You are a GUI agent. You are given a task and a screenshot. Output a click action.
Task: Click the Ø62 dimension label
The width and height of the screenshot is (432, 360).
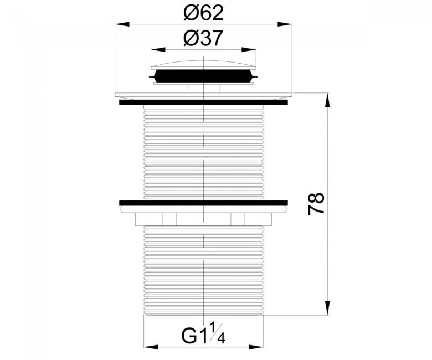pos(203,13)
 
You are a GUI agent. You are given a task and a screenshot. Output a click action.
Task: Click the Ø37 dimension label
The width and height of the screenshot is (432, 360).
pos(203,38)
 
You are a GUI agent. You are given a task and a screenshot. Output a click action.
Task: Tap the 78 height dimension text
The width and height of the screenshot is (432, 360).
pos(316,204)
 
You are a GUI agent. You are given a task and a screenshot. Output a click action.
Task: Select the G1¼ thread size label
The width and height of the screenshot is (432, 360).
pos(203,334)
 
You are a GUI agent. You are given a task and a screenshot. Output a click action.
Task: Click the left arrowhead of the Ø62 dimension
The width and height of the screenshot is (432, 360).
pos(122,24)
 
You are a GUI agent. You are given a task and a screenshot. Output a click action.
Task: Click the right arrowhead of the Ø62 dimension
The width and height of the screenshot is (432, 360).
pos(285,24)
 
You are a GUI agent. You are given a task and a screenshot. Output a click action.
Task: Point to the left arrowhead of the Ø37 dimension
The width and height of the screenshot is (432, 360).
pos(158,50)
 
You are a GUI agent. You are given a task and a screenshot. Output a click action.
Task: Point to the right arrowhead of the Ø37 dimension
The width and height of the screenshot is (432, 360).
pos(249,50)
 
